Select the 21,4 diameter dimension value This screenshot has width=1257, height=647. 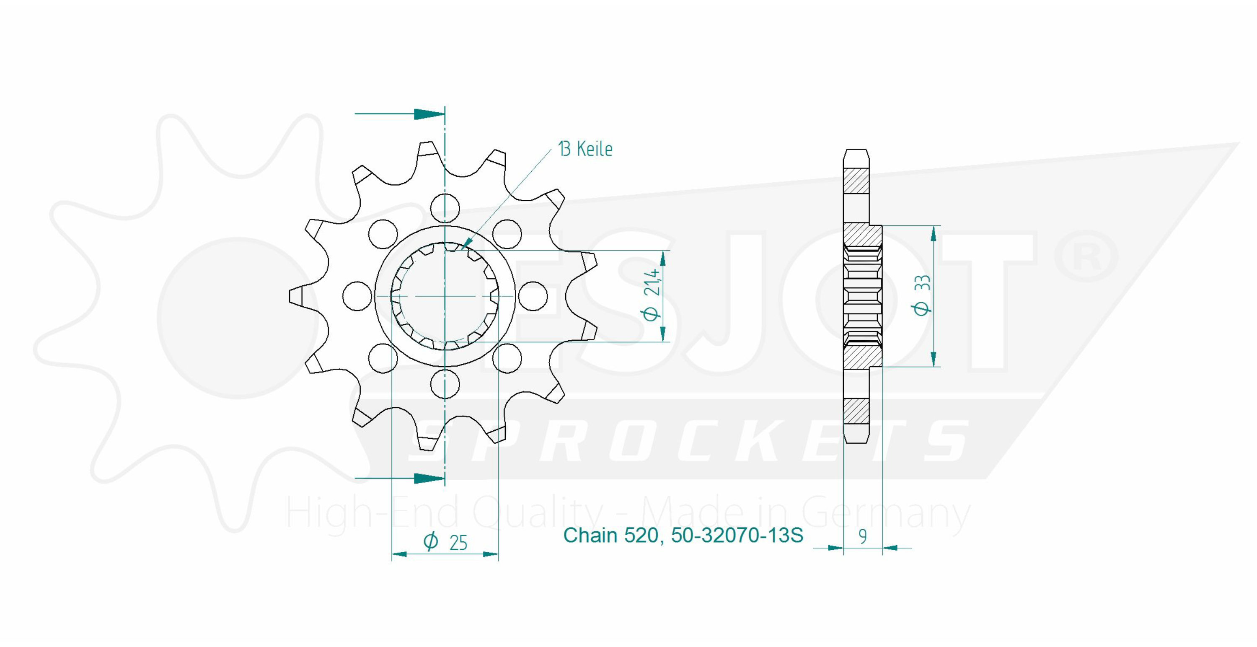[652, 282]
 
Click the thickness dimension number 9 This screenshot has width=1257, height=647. [863, 537]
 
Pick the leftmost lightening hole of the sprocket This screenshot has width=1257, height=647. [357, 296]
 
